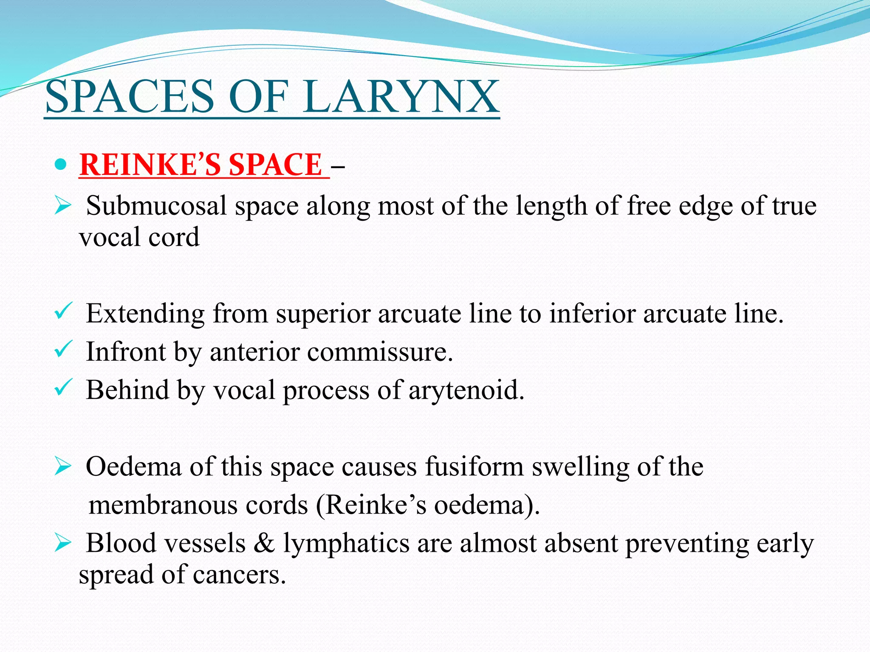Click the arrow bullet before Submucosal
[x=62, y=207]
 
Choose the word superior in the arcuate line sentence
[x=323, y=314]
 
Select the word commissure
[x=380, y=352]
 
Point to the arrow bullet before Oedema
[x=62, y=467]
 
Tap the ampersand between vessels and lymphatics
[x=264, y=543]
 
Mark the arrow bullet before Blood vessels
[x=62, y=544]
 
